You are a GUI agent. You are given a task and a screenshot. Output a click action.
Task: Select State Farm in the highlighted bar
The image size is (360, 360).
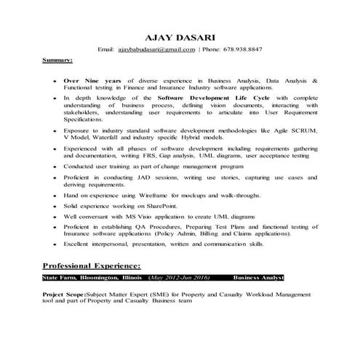click(60, 278)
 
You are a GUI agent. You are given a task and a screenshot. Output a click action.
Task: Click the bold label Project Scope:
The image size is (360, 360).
click(64, 295)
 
